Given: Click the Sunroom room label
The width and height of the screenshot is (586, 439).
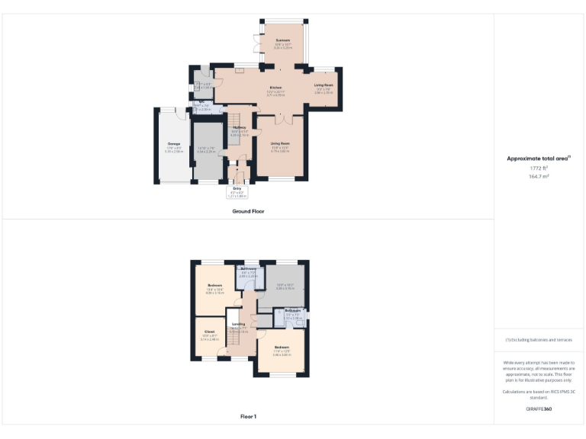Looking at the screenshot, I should coord(283,42).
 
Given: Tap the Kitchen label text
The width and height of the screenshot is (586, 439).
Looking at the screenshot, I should coord(275,88).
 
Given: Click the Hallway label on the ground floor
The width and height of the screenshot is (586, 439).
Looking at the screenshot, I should coord(240,127).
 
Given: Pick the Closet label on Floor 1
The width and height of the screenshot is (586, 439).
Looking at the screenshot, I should coord(209,332).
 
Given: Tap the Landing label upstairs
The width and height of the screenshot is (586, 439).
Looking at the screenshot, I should coord(239,324).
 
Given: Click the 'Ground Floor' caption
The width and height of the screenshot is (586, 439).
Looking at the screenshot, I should coord(248,211).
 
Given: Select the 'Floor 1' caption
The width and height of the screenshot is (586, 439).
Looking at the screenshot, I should coord(248,416).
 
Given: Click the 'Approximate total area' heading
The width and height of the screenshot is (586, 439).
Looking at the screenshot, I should coord(539,159).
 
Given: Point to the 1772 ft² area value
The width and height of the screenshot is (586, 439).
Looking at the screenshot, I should coord(539,168).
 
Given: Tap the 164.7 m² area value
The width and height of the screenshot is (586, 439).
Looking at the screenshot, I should coord(539,176).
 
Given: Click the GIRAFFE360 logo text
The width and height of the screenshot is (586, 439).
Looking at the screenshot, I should coord(539,409).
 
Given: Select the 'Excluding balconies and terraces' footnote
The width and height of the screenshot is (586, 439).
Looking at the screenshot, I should coord(539,340).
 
